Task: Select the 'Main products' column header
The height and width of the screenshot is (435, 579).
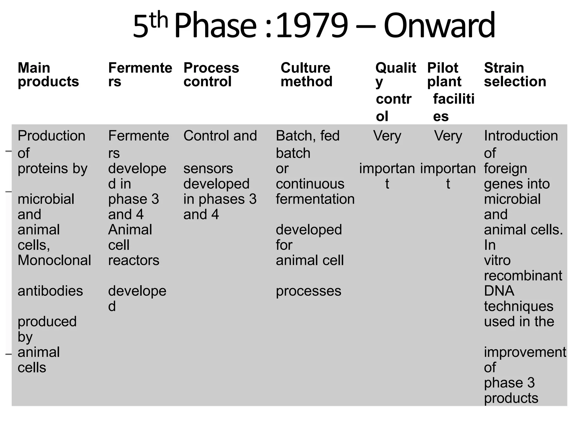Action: click(48, 75)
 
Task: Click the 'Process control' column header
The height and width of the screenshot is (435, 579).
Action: click(211, 75)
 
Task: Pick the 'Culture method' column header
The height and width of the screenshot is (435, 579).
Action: click(306, 75)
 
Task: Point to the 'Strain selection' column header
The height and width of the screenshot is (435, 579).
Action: click(515, 75)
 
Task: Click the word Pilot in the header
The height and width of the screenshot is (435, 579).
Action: click(442, 68)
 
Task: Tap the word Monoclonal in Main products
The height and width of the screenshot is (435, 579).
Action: click(54, 260)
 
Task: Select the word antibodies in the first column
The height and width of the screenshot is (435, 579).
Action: click(50, 291)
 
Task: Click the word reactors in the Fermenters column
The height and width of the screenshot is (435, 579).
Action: click(134, 260)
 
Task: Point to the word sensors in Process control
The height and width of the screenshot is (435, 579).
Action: click(208, 169)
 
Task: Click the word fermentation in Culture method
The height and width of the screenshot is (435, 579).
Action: click(315, 199)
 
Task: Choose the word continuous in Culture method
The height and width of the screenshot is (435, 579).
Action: click(310, 184)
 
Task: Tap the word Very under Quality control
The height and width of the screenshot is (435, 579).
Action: click(387, 136)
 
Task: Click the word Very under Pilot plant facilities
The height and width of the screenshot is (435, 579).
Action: click(448, 136)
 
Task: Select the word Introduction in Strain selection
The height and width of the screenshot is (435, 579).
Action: click(521, 136)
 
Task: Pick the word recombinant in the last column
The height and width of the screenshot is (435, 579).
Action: click(523, 276)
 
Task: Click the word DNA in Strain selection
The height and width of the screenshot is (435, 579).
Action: click(499, 291)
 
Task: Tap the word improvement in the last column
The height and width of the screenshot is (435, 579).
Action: click(525, 352)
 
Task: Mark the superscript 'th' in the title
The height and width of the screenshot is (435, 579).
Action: click(159, 20)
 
